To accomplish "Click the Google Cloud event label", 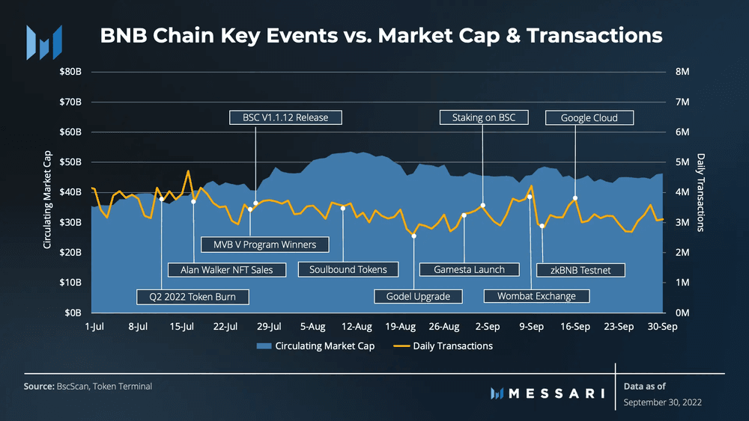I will pos(589,117).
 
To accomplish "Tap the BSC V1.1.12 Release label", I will pos(285,117).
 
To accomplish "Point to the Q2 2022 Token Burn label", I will pos(192,297).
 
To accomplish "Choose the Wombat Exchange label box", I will pos(536,296).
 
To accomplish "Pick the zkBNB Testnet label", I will pos(580,269).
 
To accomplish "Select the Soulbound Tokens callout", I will pos(348,269).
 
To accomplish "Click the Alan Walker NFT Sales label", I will pos(227,269).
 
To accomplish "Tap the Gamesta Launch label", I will pos(469,269).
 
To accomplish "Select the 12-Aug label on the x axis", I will pos(357,327).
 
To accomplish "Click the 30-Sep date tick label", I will pos(662,327).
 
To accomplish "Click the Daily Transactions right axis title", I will pos(701,192).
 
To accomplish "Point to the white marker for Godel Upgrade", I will pos(414,236).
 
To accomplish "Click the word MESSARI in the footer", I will pos(555,392).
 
